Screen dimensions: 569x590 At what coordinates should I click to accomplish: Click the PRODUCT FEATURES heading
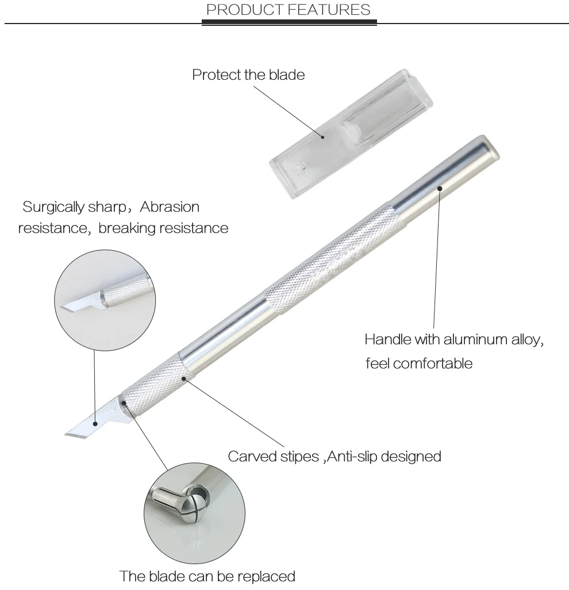pyautogui.click(x=288, y=10)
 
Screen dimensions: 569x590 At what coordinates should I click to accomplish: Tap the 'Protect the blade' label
pyautogui.click(x=248, y=75)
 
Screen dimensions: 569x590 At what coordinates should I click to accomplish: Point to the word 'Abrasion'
pyautogui.click(x=170, y=207)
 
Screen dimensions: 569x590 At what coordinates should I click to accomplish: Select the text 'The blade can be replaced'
pyautogui.click(x=207, y=576)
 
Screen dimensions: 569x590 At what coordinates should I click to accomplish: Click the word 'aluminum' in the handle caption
pyautogui.click(x=475, y=339)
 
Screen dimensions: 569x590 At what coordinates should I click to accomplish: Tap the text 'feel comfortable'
pyautogui.click(x=419, y=363)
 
